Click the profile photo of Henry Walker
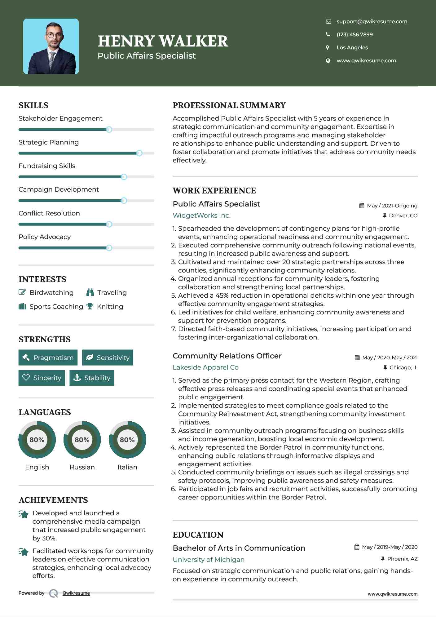51,47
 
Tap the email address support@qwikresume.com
372,21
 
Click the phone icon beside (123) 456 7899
328,34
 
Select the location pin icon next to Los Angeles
328,47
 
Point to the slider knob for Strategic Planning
139,153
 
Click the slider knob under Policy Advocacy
109,248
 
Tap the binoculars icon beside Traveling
90,292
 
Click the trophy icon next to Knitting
90,306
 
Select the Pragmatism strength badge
48,357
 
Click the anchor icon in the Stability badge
77,378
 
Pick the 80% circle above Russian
82,440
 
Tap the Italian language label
127,467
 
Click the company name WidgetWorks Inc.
201,215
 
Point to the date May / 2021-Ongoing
392,206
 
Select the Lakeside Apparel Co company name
205,367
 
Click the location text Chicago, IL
403,367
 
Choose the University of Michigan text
209,560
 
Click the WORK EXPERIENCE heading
214,191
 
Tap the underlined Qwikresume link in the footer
76,593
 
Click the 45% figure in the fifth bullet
222,295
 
